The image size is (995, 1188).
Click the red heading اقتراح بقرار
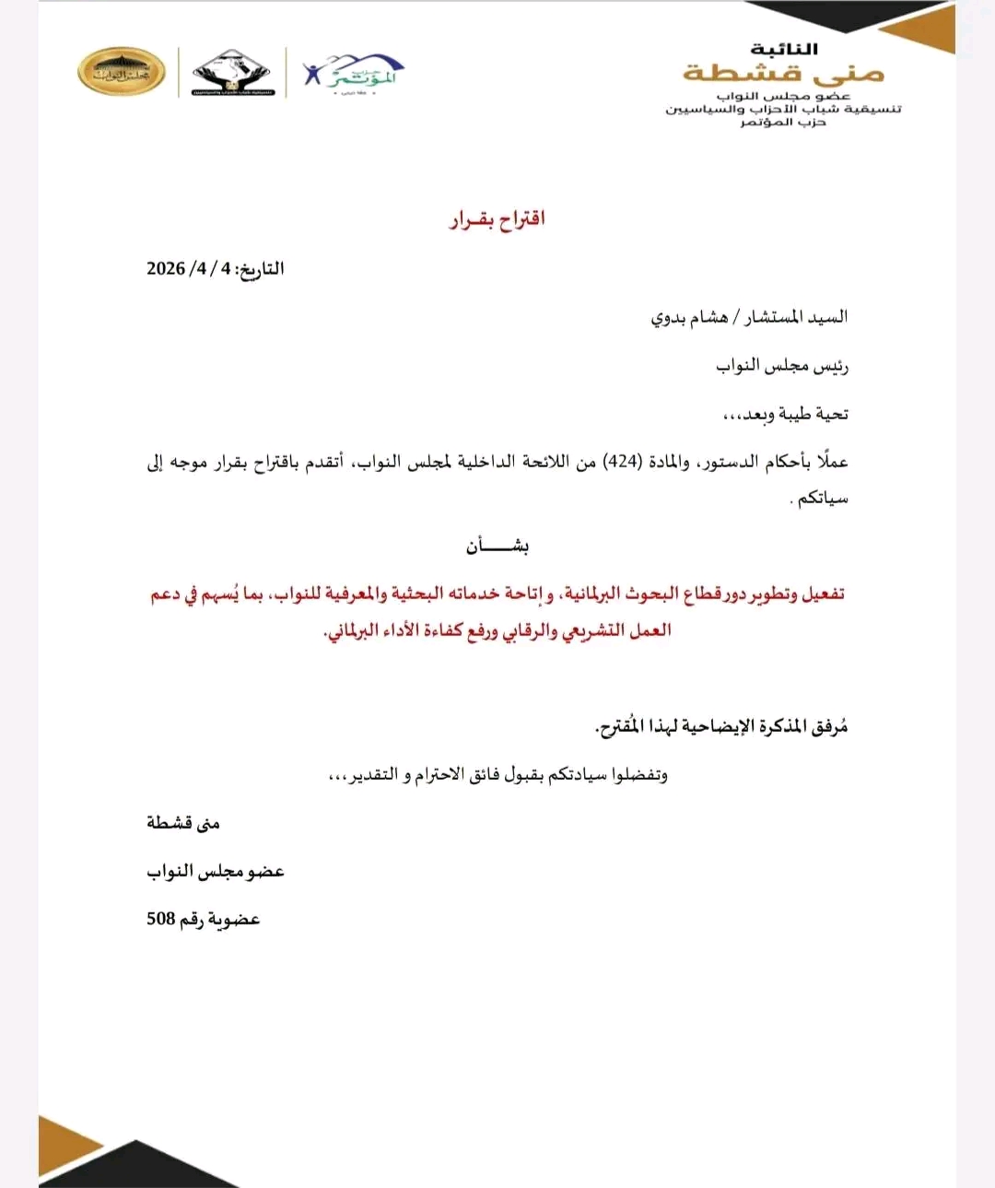pyautogui.click(x=497, y=219)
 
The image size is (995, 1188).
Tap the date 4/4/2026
pyautogui.click(x=189, y=269)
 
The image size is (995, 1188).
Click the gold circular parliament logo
pyautogui.click(x=122, y=72)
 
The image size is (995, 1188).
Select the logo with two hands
pyautogui.click(x=231, y=72)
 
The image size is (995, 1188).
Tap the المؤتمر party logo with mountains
pyautogui.click(x=355, y=72)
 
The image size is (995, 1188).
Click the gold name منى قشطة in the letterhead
pyautogui.click(x=783, y=72)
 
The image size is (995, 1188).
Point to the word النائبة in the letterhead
pyautogui.click(x=784, y=49)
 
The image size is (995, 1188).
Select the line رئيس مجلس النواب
pyautogui.click(x=782, y=366)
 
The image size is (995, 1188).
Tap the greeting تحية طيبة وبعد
pyautogui.click(x=785, y=415)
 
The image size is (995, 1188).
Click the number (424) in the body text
pyautogui.click(x=623, y=462)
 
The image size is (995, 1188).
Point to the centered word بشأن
pyautogui.click(x=497, y=547)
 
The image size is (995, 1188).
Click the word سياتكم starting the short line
pyautogui.click(x=822, y=499)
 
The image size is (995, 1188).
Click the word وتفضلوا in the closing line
pyautogui.click(x=639, y=775)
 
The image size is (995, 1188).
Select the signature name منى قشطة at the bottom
pyautogui.click(x=182, y=823)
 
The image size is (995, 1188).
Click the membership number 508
pyautogui.click(x=161, y=919)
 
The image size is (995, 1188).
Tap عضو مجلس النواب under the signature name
pyautogui.click(x=216, y=871)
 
